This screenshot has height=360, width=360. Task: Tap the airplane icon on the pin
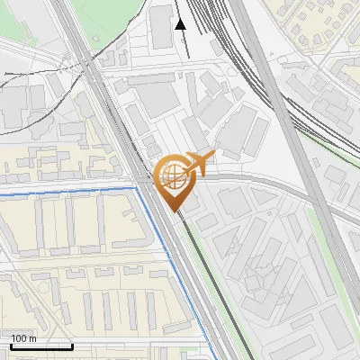coord(199,163)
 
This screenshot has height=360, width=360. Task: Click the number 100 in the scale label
coord(19,338)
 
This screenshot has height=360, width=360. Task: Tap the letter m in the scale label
coord(33,338)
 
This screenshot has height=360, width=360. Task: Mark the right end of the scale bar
coord(72,346)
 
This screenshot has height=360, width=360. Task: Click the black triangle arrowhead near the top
coord(180,24)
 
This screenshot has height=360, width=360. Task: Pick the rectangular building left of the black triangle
coord(161,27)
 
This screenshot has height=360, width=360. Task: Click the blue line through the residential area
coord(72,190)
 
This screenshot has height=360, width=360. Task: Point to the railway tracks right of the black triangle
coord(220,36)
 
